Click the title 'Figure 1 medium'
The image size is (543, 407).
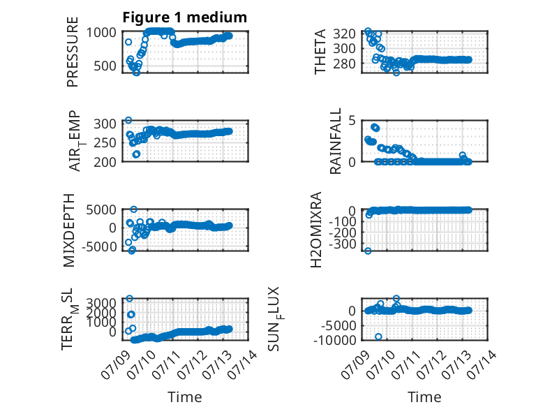[184, 17]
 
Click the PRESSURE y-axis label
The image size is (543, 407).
[73, 52]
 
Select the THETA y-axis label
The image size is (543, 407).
[320, 52]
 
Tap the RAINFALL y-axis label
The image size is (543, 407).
[336, 141]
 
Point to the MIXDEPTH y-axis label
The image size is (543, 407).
[69, 230]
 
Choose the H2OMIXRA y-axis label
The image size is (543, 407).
[316, 230]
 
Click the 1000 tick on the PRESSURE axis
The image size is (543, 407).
[101, 33]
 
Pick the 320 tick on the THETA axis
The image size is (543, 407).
[344, 34]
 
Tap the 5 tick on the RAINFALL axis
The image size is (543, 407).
[352, 121]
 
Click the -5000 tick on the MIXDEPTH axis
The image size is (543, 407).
[99, 246]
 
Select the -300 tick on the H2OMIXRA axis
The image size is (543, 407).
[341, 244]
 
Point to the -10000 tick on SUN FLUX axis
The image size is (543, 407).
[335, 340]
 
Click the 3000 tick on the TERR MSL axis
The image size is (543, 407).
[101, 303]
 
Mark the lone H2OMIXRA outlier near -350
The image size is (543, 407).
[368, 251]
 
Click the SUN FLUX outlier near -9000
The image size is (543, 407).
[378, 336]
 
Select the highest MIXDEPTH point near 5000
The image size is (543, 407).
[134, 209]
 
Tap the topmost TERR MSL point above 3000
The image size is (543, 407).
[130, 298]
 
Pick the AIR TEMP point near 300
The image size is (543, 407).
[128, 120]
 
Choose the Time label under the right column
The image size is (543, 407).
[424, 397]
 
